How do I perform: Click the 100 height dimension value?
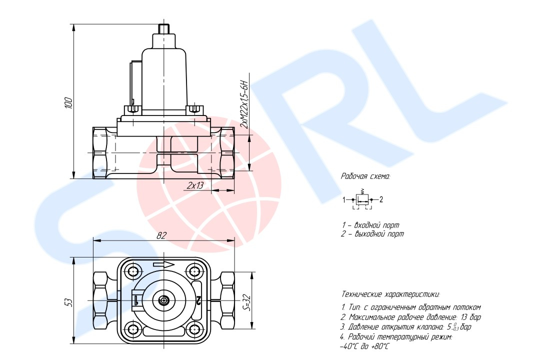pyautogui.click(x=69, y=103)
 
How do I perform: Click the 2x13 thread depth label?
pyautogui.click(x=195, y=185)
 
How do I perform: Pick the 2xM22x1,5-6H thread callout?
pyautogui.click(x=244, y=104)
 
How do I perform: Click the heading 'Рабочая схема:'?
pyautogui.click(x=365, y=176)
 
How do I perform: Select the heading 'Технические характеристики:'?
pyautogui.click(x=390, y=294)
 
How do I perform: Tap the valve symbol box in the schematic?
pyautogui.click(x=363, y=199)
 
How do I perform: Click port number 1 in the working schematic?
pyautogui.click(x=344, y=200)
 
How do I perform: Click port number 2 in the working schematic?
pyautogui.click(x=381, y=200)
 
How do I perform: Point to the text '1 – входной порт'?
pyautogui.click(x=370, y=225)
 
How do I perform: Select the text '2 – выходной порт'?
pyautogui.click(x=372, y=234)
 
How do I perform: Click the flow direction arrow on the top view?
pyautogui.click(x=164, y=264)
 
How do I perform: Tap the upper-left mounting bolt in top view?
pyautogui.click(x=133, y=272)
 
